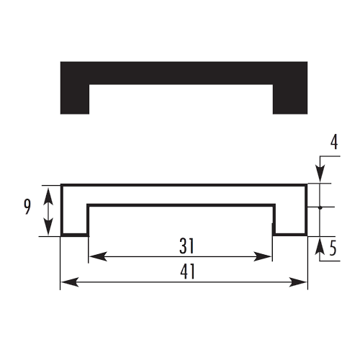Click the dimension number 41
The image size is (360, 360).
tap(188, 271)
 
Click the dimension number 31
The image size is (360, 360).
tap(186, 246)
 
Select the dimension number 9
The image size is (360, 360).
tap(27, 207)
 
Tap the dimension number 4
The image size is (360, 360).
tap(334, 142)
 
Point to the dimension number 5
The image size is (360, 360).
tap(333, 248)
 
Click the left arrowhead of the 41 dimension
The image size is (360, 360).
tap(70, 282)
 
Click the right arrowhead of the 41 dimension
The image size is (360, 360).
tap(298, 282)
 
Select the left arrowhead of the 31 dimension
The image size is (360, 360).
tap(98, 256)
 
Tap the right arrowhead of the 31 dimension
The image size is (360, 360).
tap(263, 256)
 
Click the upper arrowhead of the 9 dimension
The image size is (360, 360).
tap(48, 196)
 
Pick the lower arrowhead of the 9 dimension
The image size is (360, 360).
tap(48, 226)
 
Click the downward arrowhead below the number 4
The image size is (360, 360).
tap(320, 174)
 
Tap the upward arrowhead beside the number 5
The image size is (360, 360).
tap(320, 246)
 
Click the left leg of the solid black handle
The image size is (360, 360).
tap(75, 99)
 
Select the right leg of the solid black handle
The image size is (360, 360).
tap(290, 99)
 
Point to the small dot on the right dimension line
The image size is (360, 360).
tap(320, 207)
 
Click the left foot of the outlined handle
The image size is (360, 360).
tap(75, 235)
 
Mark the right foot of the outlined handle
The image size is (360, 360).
tap(290, 235)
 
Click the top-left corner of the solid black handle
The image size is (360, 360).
tap(60, 62)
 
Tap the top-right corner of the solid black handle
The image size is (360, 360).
tap(307, 62)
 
